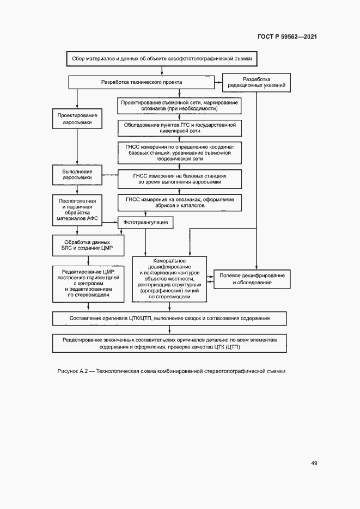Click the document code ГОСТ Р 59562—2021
(x=288, y=37)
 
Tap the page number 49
(x=314, y=463)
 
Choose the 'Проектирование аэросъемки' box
(x=77, y=119)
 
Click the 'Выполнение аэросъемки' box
(x=77, y=175)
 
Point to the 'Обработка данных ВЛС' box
(x=87, y=246)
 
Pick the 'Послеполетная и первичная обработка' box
(x=77, y=210)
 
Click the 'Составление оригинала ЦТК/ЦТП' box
(x=170, y=318)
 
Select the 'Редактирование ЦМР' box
(x=88, y=283)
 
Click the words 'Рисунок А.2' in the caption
(x=73, y=371)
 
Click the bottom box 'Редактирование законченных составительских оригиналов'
(x=170, y=344)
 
